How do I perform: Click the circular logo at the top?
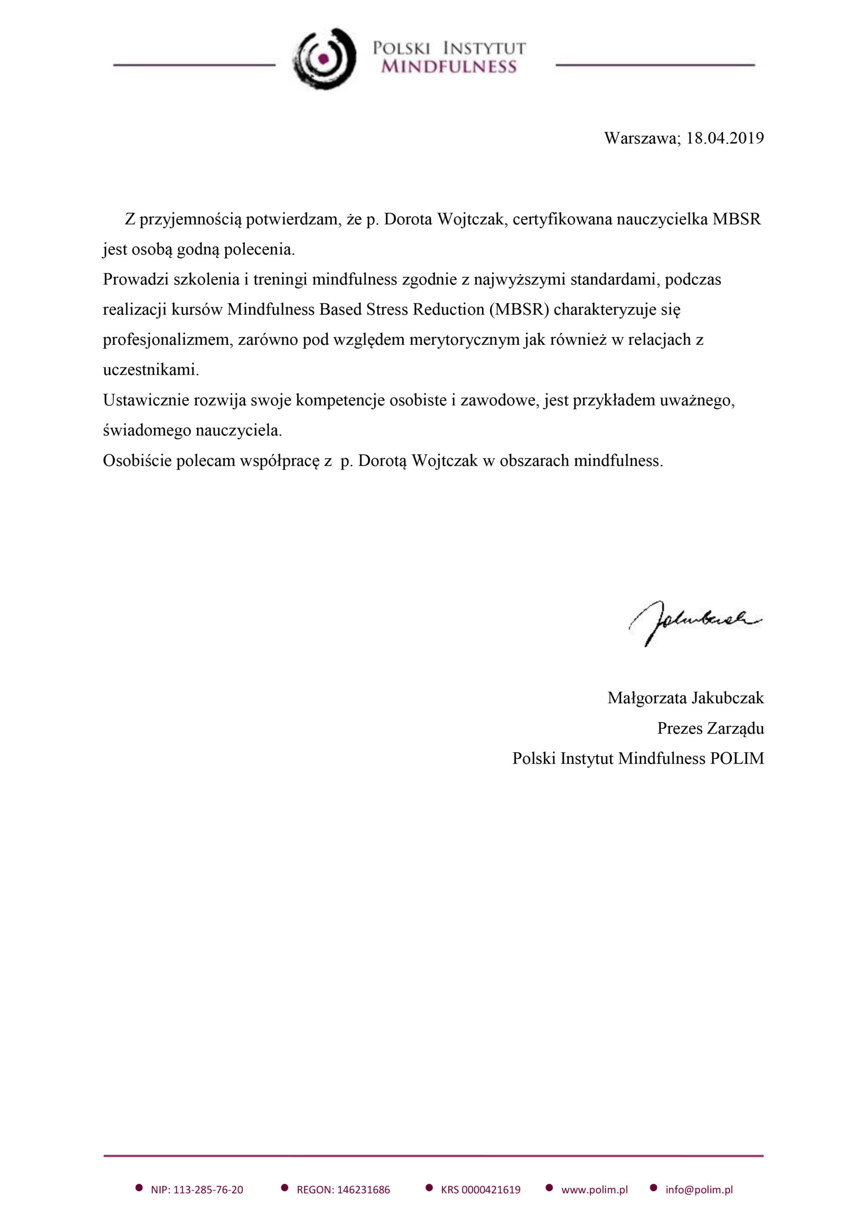click(324, 59)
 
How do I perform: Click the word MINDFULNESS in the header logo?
click(449, 67)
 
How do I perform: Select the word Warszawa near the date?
click(641, 138)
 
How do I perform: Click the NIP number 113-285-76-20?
click(208, 1190)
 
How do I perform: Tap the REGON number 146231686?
click(362, 1190)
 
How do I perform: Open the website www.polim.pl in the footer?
click(594, 1190)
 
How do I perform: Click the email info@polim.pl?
click(699, 1190)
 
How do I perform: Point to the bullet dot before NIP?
click(139, 1188)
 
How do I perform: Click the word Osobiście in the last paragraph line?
click(137, 461)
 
